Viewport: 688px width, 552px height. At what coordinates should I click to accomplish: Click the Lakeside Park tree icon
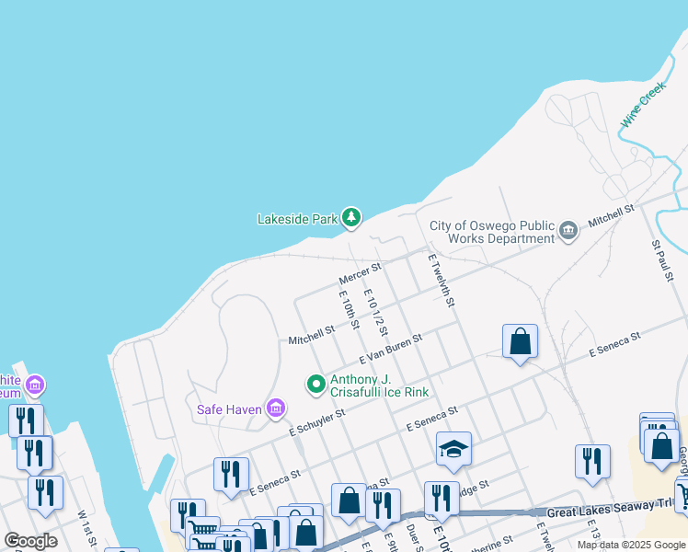coord(350,218)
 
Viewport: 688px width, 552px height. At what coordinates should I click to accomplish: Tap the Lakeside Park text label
coord(297,219)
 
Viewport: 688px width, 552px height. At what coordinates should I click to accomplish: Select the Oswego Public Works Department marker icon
coord(568,231)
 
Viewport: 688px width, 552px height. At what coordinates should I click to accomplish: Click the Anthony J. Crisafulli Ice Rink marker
coord(315,383)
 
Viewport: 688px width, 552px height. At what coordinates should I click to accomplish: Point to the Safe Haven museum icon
coord(275,408)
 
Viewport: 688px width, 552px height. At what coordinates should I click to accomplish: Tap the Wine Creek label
coord(642,107)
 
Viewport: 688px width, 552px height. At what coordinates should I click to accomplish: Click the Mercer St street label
coord(360,273)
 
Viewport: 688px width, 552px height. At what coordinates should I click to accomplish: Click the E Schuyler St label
coord(316,422)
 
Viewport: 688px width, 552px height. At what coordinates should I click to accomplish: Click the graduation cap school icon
coord(453,449)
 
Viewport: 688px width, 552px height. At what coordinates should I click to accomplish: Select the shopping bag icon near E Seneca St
coord(520,341)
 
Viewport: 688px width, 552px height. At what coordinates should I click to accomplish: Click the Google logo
coord(30,541)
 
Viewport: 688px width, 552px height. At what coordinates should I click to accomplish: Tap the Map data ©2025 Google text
coord(632,545)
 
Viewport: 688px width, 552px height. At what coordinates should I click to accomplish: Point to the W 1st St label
coord(85,525)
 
